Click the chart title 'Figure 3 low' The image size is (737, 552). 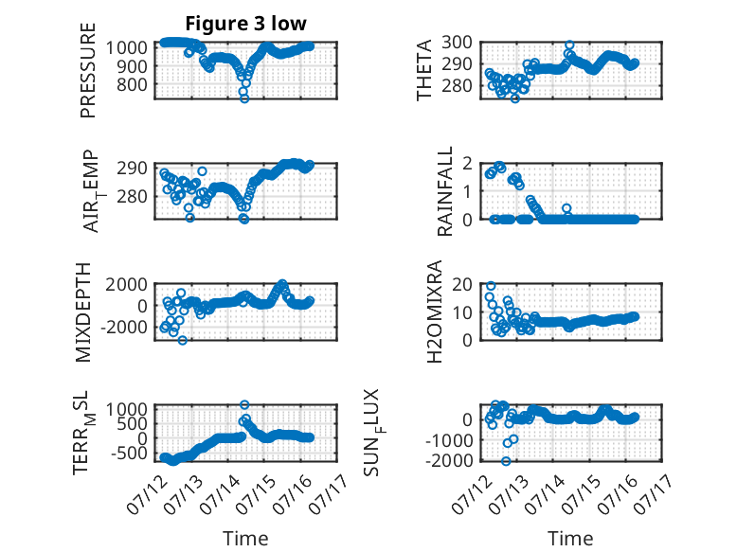coord(245,23)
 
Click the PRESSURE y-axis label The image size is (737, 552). coord(88,70)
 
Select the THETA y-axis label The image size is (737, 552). coord(424,70)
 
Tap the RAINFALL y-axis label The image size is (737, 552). coord(444,190)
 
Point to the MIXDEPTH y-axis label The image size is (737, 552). coord(83,312)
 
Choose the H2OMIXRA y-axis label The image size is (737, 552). coord(435,311)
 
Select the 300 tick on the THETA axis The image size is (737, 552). coord(458,43)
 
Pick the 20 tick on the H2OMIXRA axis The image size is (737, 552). coord(462,284)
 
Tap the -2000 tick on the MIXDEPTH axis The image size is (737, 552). coord(124,328)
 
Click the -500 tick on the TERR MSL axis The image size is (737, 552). coord(129,454)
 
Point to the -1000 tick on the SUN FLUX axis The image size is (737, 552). coord(449,440)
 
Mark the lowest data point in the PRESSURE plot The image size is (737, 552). coord(244,98)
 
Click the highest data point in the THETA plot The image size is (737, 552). coord(569,45)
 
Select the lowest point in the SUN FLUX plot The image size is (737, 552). coord(506,461)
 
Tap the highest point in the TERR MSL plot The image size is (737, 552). coord(244,404)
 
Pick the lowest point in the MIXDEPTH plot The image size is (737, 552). coord(183,340)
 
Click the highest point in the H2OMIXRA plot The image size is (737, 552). coord(491,286)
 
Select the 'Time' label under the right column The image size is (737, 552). coord(570,539)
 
